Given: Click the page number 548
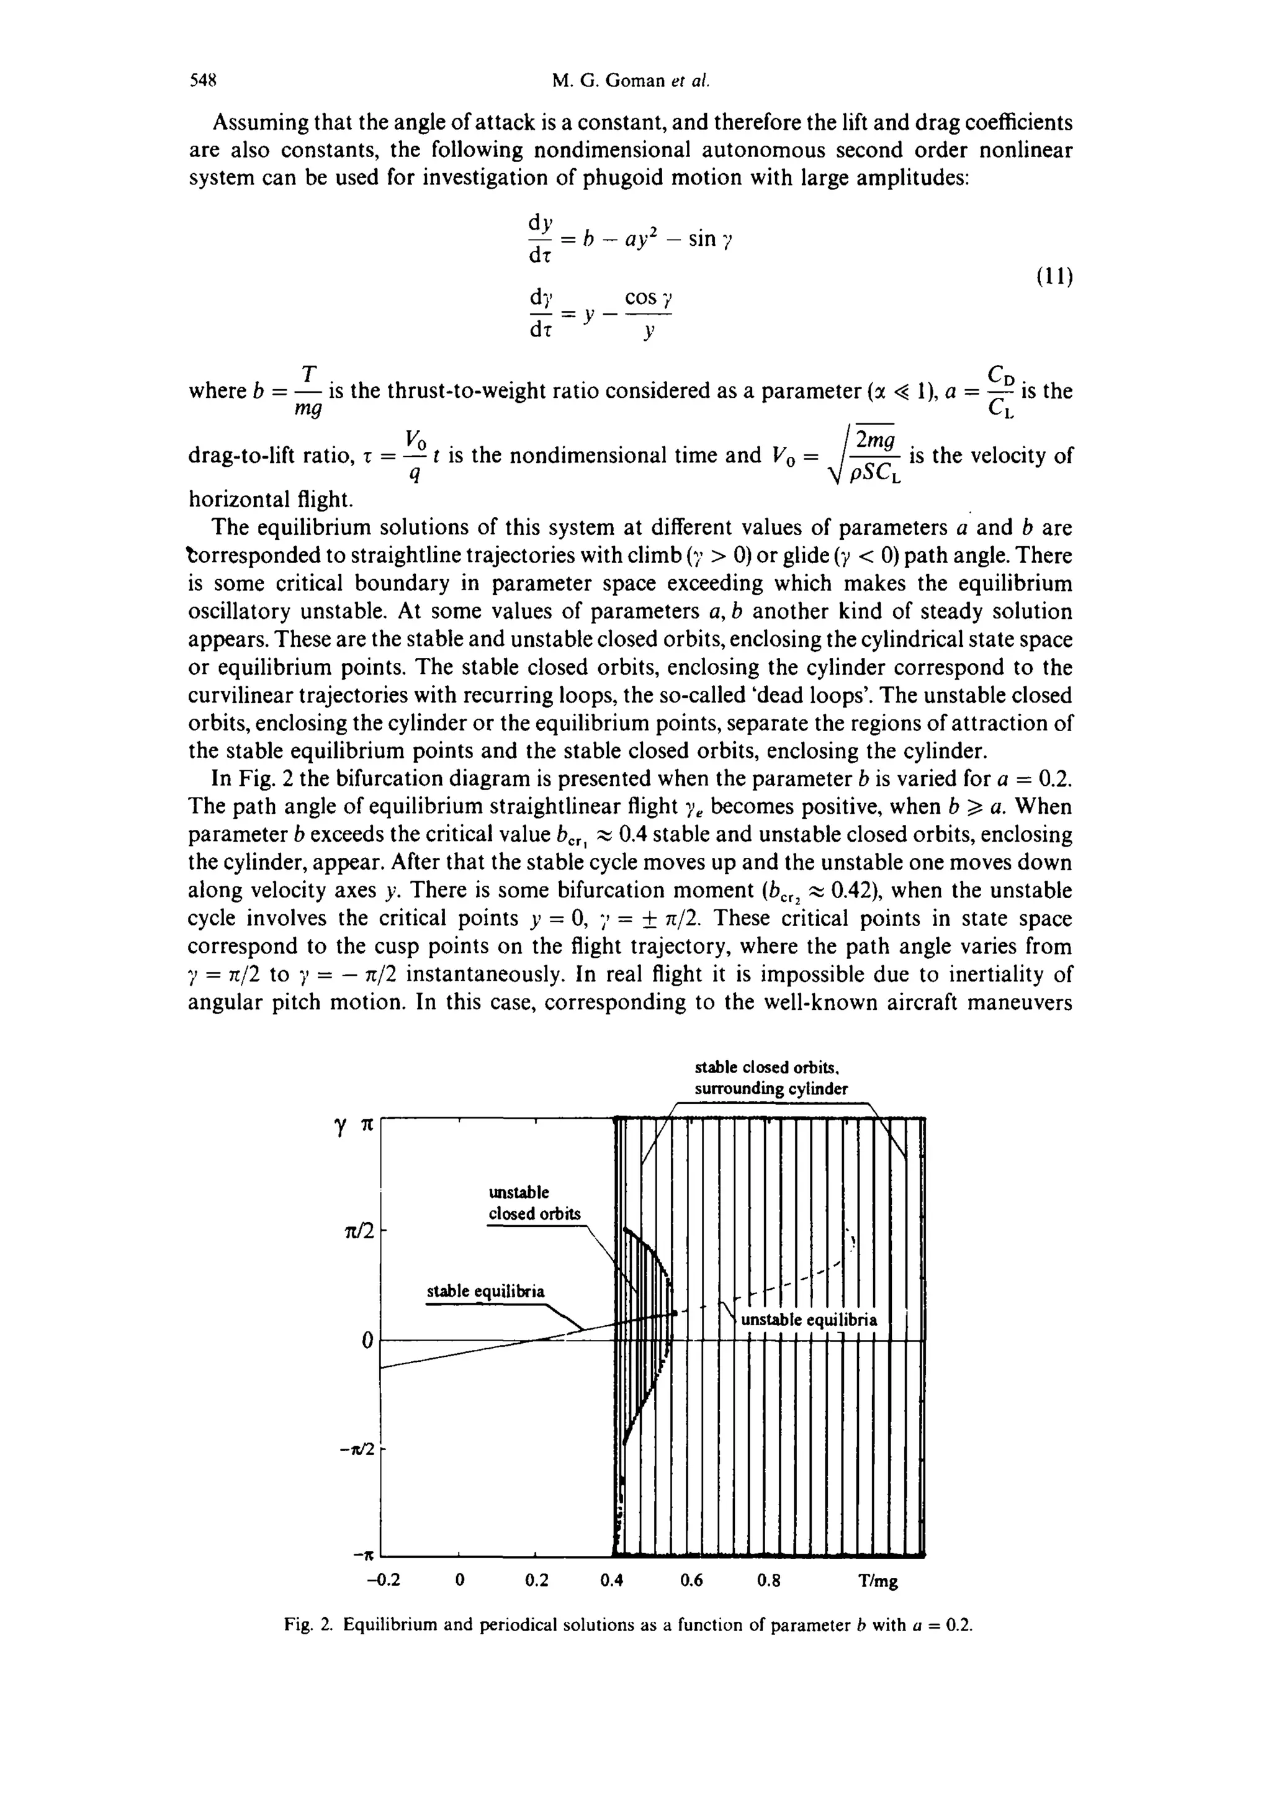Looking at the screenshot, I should tap(202, 80).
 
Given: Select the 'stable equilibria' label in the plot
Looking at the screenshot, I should tap(485, 1292).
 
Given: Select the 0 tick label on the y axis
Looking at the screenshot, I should tap(366, 1341).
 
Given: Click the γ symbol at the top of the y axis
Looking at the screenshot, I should tap(339, 1127).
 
